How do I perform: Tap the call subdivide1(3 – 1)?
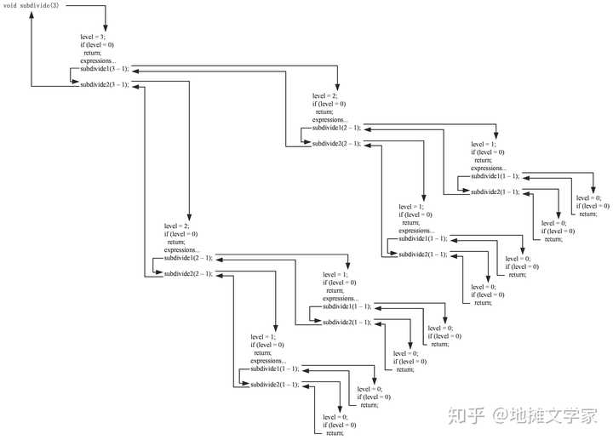pyautogui.click(x=104, y=69)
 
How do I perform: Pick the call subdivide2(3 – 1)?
pyautogui.click(x=104, y=85)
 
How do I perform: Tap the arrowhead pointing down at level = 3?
pyautogui.click(x=106, y=30)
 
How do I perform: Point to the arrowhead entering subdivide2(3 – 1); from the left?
pyautogui.click(x=76, y=85)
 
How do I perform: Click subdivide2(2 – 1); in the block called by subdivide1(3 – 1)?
pyautogui.click(x=336, y=143)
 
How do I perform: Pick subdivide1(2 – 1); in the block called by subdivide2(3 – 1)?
pyautogui.click(x=188, y=257)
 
